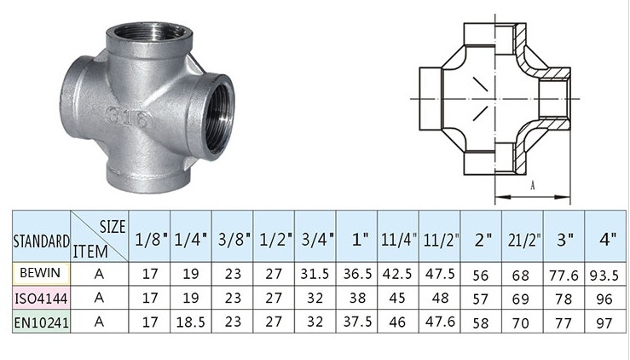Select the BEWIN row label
point(38,276)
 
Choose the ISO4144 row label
point(39,298)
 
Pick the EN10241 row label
point(39,322)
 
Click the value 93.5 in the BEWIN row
point(607,276)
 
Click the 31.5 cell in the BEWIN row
point(315,276)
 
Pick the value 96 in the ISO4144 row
point(607,299)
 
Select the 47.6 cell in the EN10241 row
point(440,322)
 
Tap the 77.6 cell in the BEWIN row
point(564,276)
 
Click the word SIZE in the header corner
point(113,226)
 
